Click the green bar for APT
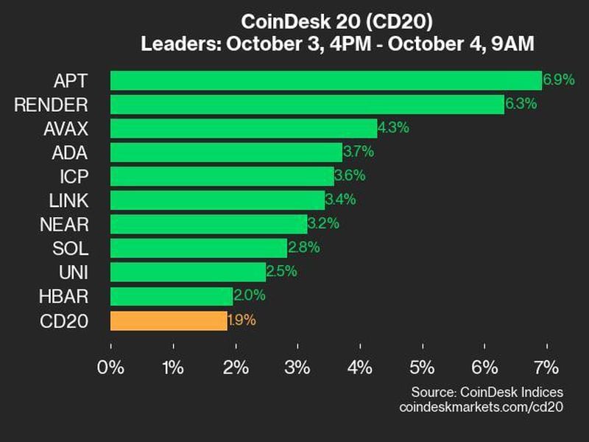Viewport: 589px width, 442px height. point(325,80)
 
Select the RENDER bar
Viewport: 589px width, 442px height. point(307,105)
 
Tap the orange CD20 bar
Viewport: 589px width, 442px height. point(169,320)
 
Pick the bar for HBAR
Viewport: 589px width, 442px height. point(172,296)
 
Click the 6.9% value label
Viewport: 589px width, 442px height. point(558,80)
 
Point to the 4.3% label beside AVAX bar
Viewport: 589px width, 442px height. point(393,128)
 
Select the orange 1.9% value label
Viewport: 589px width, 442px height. point(242,320)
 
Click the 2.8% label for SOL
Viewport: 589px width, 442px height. point(303,248)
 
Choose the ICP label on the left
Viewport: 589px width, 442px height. point(75,177)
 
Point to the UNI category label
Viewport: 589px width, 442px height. point(74,273)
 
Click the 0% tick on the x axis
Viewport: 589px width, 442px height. point(111,367)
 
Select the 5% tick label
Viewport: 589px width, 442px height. point(423,367)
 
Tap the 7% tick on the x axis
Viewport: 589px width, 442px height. point(547,367)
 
